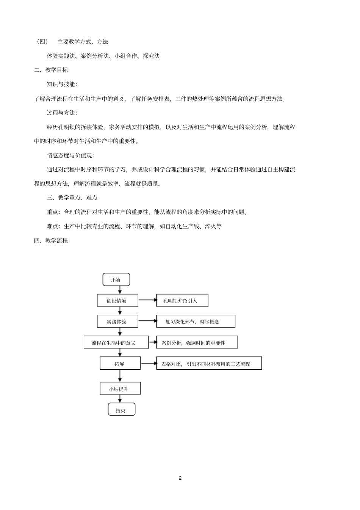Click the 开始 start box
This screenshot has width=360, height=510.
pos(116,280)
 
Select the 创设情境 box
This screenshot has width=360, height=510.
pos(117,301)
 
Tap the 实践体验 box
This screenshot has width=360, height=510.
pos(117,322)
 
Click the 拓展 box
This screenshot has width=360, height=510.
pos(120,364)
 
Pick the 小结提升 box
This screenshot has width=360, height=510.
pos(120,389)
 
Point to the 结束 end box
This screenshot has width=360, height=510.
pos(121,410)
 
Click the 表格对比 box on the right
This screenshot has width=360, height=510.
pos(209,364)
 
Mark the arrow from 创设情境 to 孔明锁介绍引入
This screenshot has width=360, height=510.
pos(147,301)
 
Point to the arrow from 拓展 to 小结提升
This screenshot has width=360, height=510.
pos(120,376)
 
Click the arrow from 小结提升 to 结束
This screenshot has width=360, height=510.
pos(120,399)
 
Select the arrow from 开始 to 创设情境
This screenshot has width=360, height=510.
pos(120,290)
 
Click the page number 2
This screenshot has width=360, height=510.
pos(180,478)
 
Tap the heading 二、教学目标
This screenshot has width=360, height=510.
pos(51,70)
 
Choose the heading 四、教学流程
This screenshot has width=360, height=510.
pos(51,240)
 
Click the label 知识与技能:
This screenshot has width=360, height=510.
pos(61,84)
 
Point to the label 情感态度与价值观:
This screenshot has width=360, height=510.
pos(70,155)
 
